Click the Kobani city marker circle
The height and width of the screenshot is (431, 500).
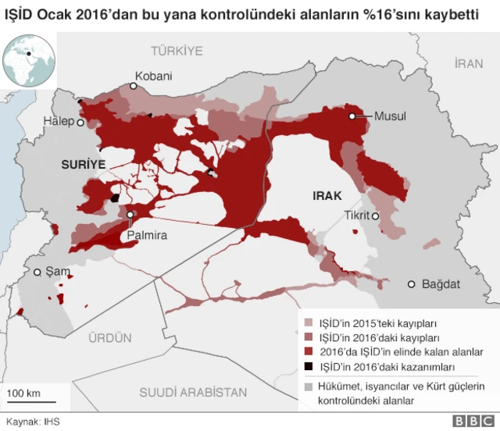tap(134, 87)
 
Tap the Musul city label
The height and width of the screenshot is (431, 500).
tap(391, 116)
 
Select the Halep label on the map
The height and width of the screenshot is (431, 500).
tap(59, 122)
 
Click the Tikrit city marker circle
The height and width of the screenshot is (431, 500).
tap(376, 216)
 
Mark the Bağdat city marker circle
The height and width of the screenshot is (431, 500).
tap(412, 284)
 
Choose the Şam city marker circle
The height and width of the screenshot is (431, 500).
tap(37, 272)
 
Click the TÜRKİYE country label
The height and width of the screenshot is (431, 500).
tap(177, 51)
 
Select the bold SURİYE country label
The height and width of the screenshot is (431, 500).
tap(83, 166)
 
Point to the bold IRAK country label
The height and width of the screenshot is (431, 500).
tap(327, 196)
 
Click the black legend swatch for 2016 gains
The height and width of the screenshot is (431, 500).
tap(309, 366)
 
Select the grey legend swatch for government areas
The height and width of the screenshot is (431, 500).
tap(309, 386)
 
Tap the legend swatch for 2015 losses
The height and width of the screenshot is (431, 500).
tap(309, 322)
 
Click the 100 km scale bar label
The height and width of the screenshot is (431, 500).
tap(23, 392)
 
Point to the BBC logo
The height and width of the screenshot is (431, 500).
tap(468, 422)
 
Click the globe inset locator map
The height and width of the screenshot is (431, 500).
tap(28, 61)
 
